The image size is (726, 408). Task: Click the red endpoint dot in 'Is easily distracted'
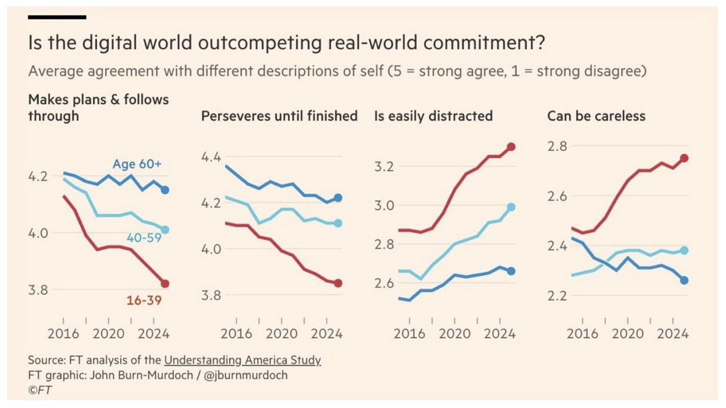point(511,147)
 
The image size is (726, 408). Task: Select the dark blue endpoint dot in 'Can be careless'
point(684,280)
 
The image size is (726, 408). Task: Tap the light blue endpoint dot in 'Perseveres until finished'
point(338,223)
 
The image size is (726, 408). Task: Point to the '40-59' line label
point(144,238)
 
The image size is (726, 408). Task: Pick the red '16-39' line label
point(144,300)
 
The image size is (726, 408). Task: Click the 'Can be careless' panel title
point(596,116)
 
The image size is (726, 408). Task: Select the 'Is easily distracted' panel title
point(433,116)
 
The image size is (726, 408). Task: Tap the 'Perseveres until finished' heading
point(279,116)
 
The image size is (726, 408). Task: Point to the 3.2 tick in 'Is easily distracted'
point(385,166)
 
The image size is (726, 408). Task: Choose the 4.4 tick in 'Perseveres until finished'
point(211,157)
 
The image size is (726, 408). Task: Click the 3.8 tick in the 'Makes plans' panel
point(38,290)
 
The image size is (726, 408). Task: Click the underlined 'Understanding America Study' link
point(242,360)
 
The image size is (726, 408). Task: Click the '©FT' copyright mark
point(40,391)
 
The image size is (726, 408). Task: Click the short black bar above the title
point(57,17)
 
